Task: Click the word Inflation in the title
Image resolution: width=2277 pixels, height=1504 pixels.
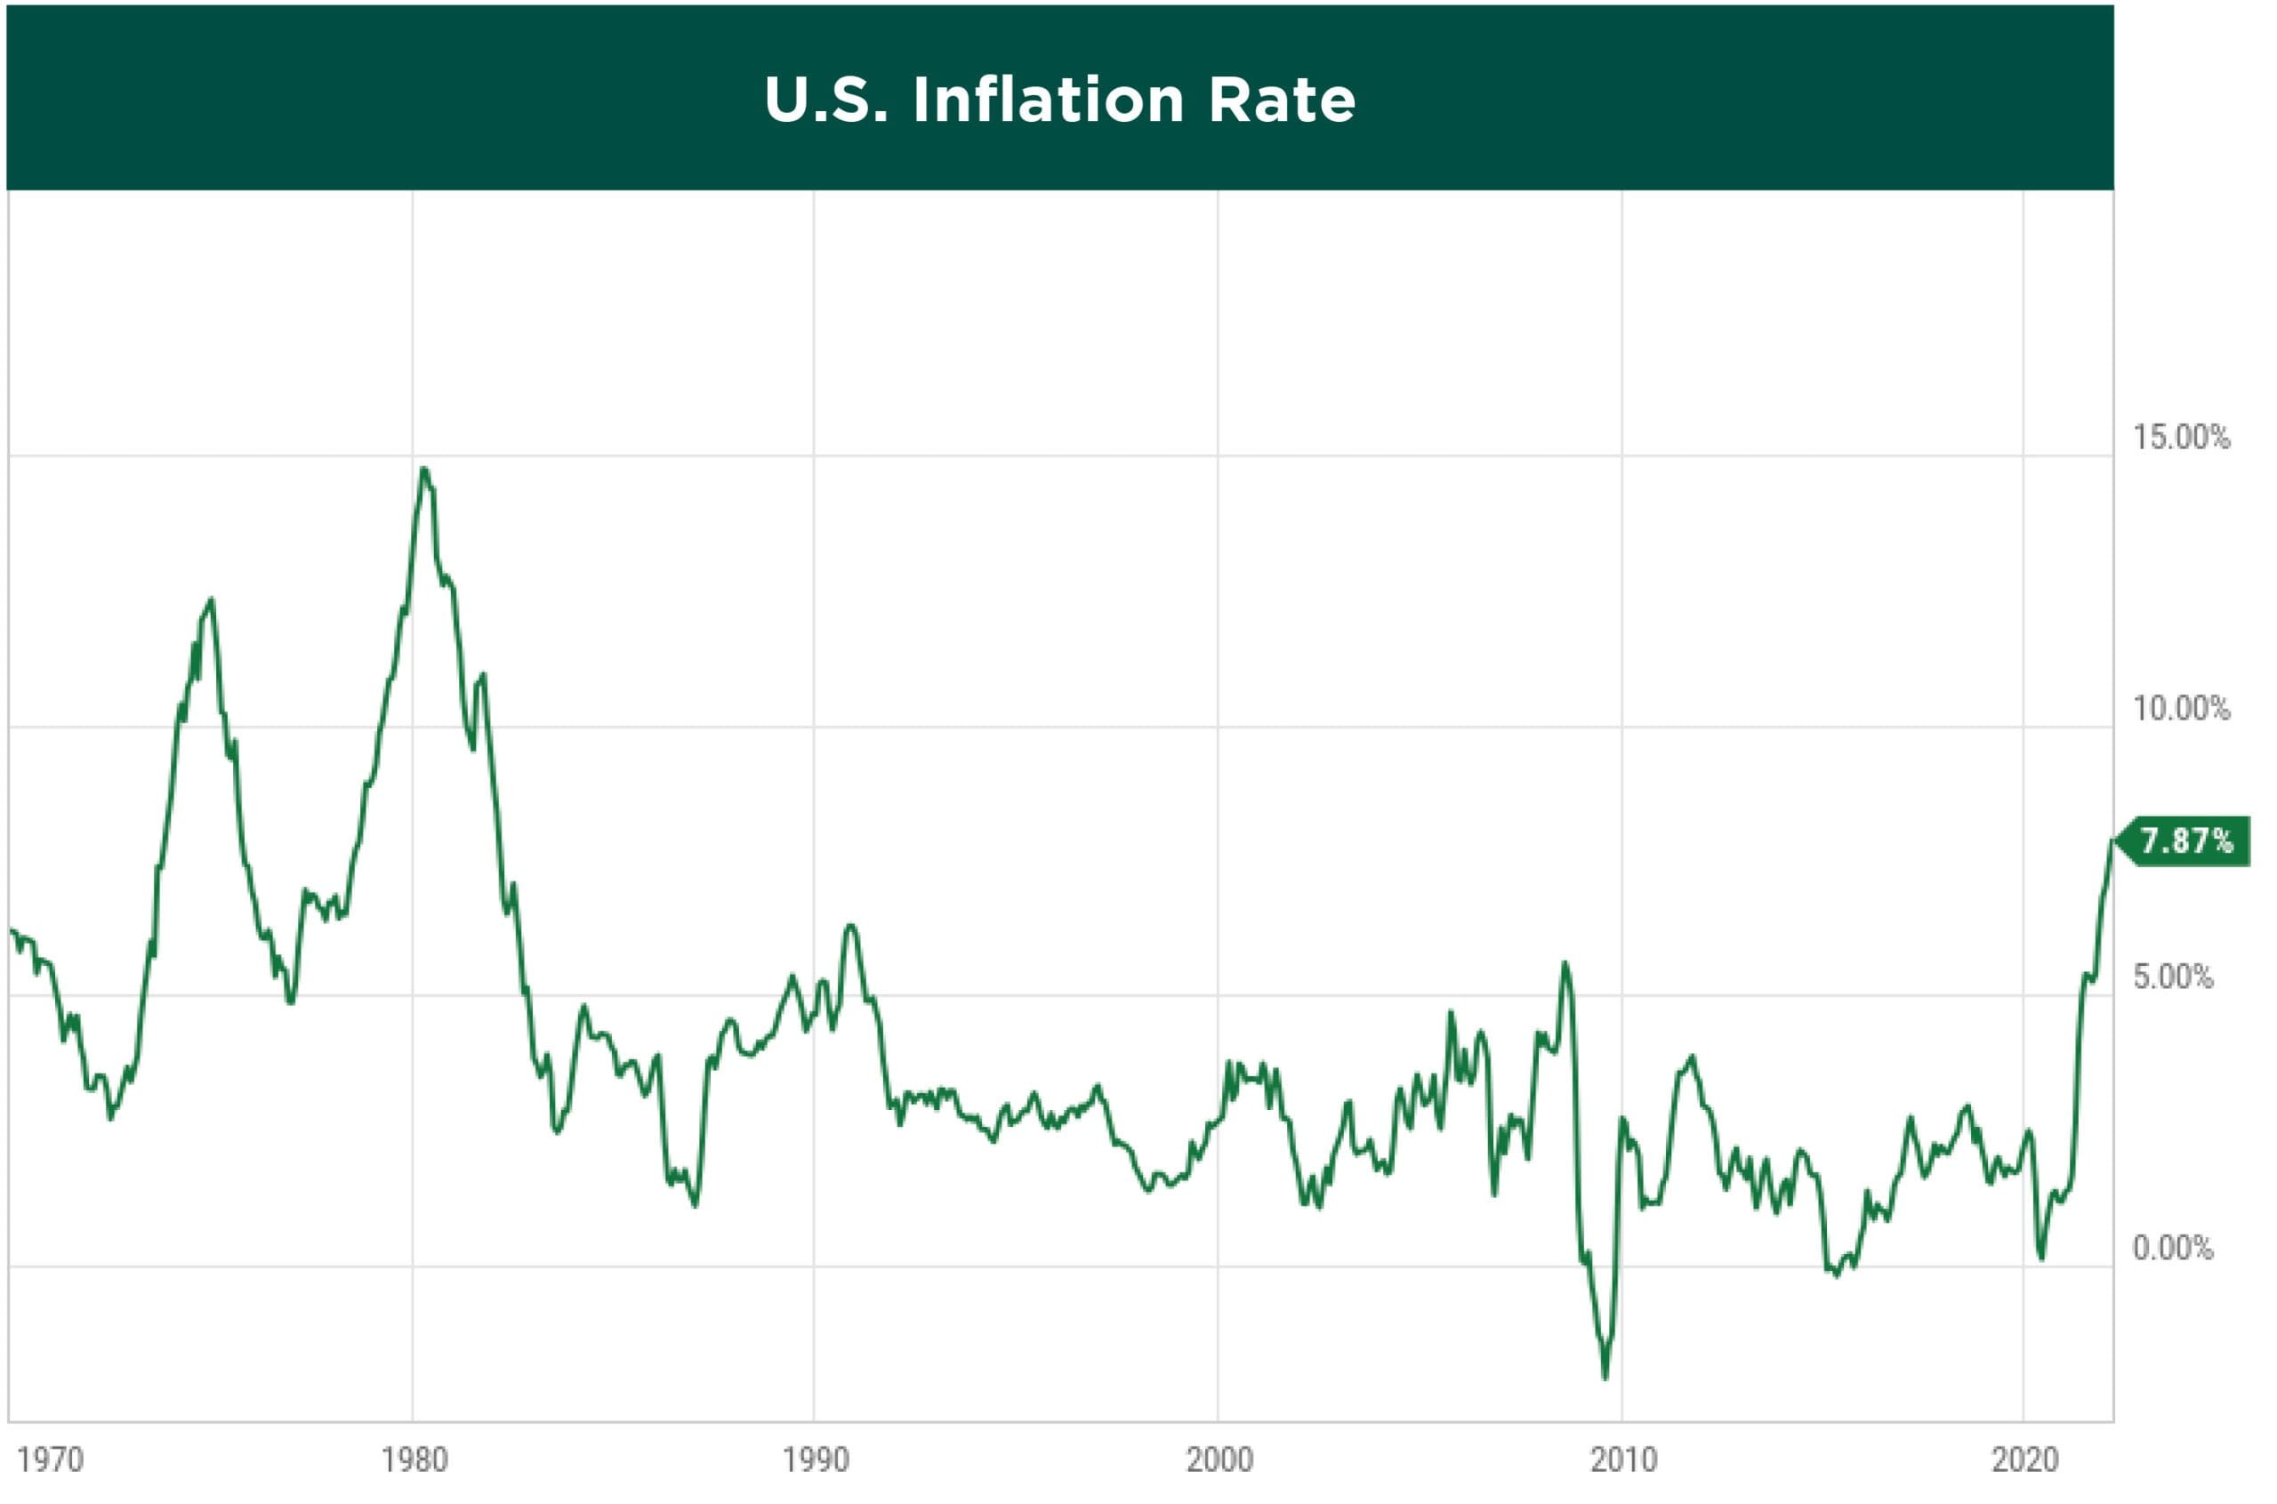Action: (1049, 100)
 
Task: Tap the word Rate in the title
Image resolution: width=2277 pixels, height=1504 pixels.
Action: (1282, 100)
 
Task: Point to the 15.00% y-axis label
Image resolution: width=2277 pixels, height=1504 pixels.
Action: (2181, 438)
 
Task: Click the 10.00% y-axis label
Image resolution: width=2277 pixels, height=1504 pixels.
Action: (2181, 709)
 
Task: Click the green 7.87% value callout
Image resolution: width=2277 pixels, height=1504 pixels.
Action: (2186, 841)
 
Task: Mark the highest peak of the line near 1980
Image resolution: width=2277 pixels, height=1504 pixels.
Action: (424, 469)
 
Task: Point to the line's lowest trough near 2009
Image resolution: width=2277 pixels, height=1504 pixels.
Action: (1605, 1379)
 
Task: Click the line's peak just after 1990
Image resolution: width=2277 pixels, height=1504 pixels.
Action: (849, 926)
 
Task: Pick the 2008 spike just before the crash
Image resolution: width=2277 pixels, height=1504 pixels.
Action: (1565, 963)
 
